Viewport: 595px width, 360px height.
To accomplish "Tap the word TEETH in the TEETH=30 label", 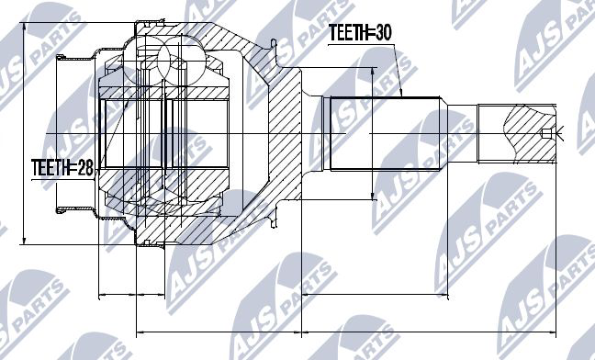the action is click(x=345, y=33).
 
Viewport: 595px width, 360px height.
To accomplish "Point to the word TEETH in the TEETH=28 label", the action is click(x=48, y=168).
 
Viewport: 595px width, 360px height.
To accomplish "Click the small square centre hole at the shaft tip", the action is click(x=545, y=133).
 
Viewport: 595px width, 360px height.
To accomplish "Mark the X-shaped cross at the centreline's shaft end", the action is click(x=560, y=133).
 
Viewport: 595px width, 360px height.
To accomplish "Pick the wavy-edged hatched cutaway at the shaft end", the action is click(x=530, y=133).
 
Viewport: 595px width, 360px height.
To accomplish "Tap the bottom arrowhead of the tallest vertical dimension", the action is click(x=24, y=241).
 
